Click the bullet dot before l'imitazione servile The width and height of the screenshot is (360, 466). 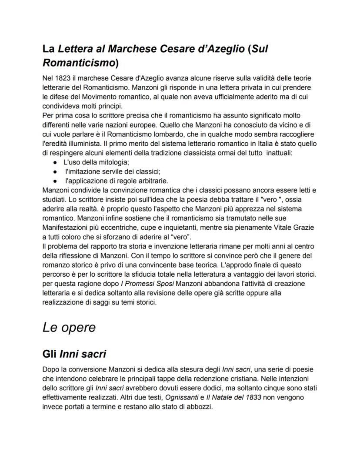tap(56, 171)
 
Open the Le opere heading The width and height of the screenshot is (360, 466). tap(69, 327)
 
